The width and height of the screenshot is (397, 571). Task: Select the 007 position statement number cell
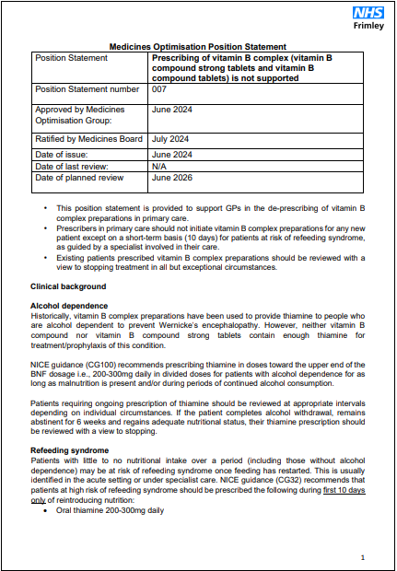point(159,90)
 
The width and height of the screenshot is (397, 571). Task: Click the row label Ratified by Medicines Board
point(88,139)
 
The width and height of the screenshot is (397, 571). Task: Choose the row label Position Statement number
point(89,90)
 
